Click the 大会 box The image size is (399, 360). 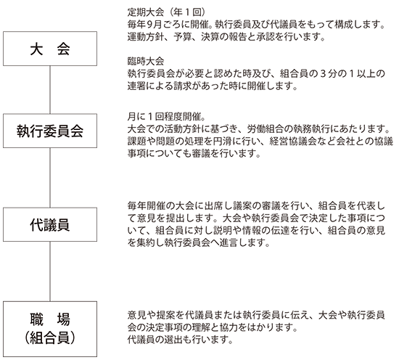[50, 49]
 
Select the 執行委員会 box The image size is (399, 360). [50, 131]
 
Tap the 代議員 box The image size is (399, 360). [50, 224]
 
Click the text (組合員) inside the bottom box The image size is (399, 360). [50, 338]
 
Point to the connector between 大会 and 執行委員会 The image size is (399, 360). [50, 89]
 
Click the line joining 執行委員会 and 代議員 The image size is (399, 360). [50, 178]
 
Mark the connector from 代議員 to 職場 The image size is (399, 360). [50, 271]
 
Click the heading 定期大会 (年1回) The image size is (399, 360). [167, 12]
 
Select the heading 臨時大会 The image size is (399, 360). [146, 61]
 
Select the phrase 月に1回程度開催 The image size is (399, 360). [164, 117]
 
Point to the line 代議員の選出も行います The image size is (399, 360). [180, 340]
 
